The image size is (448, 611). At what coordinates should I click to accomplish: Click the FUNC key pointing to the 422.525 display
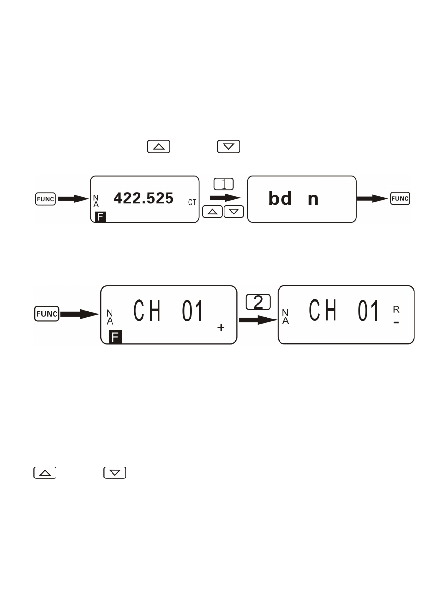(45, 199)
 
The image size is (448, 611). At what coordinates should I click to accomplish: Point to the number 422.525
(143, 198)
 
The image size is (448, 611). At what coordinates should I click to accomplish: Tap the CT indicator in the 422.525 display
(192, 202)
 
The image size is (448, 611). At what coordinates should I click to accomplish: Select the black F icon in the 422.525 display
(100, 217)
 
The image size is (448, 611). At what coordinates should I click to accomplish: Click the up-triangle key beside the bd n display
(212, 212)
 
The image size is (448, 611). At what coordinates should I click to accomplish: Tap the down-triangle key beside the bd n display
(234, 212)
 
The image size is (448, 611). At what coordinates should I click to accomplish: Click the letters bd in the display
(280, 198)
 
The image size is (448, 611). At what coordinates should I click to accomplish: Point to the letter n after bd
(313, 200)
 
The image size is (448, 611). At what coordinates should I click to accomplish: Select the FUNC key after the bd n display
(400, 199)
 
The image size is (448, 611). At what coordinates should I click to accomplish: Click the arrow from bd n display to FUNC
(372, 199)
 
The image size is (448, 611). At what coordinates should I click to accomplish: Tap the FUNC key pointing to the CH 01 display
(47, 314)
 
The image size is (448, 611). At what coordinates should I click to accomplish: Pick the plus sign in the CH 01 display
(221, 328)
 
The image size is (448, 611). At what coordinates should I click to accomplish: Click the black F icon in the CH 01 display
(115, 337)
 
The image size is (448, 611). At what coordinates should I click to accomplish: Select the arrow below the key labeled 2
(258, 320)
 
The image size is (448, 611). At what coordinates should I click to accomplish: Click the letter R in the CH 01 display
(396, 309)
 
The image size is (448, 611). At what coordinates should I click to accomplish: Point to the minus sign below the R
(396, 323)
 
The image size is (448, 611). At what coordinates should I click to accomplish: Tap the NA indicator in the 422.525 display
(96, 201)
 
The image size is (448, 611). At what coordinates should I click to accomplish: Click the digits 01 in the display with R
(368, 311)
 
